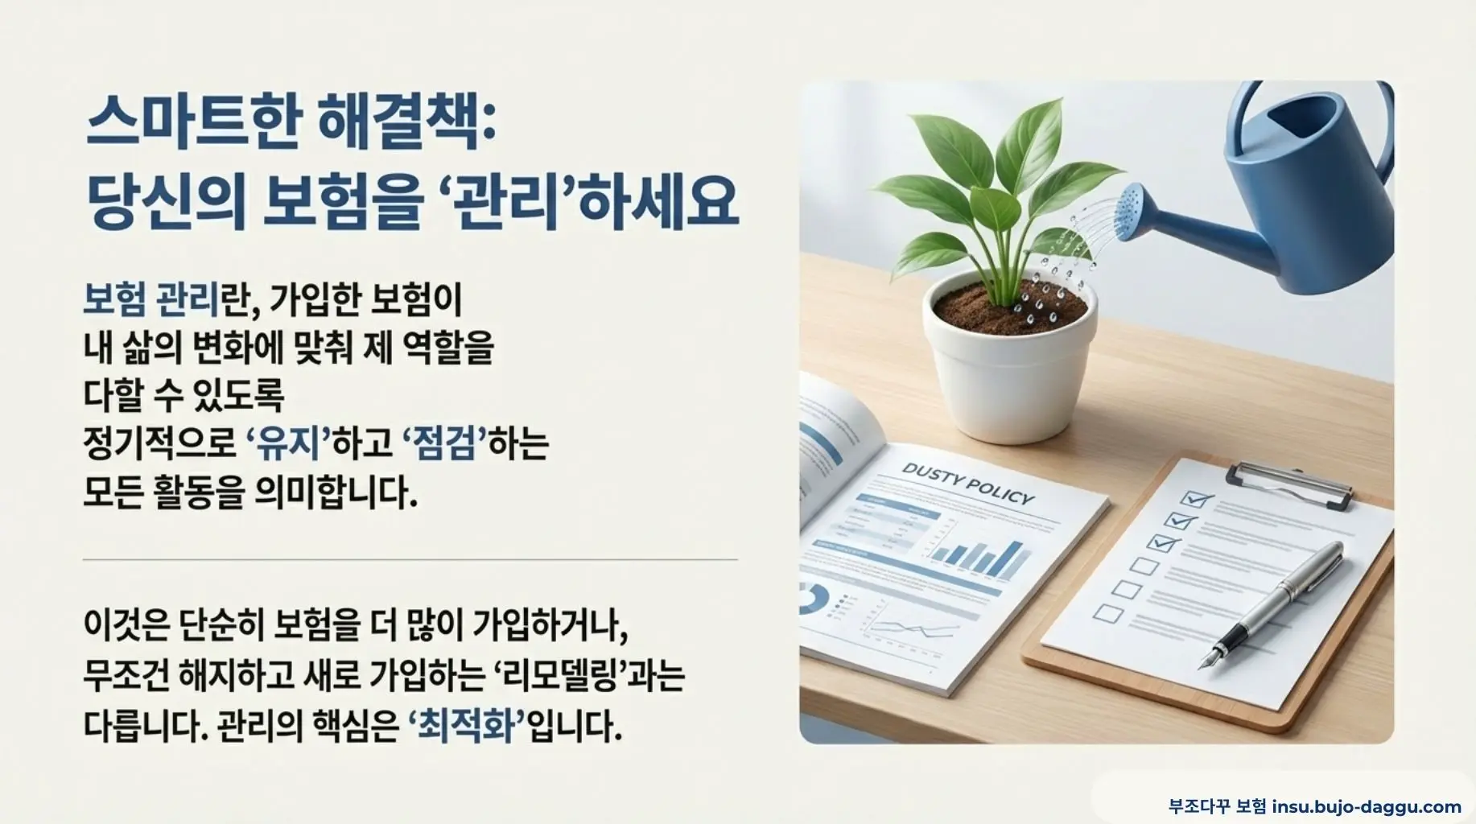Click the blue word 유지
click(287, 443)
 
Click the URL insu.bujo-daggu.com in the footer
click(1366, 806)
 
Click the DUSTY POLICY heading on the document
click(967, 484)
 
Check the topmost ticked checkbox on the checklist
click(1195, 500)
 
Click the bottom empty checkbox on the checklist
click(1111, 614)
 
